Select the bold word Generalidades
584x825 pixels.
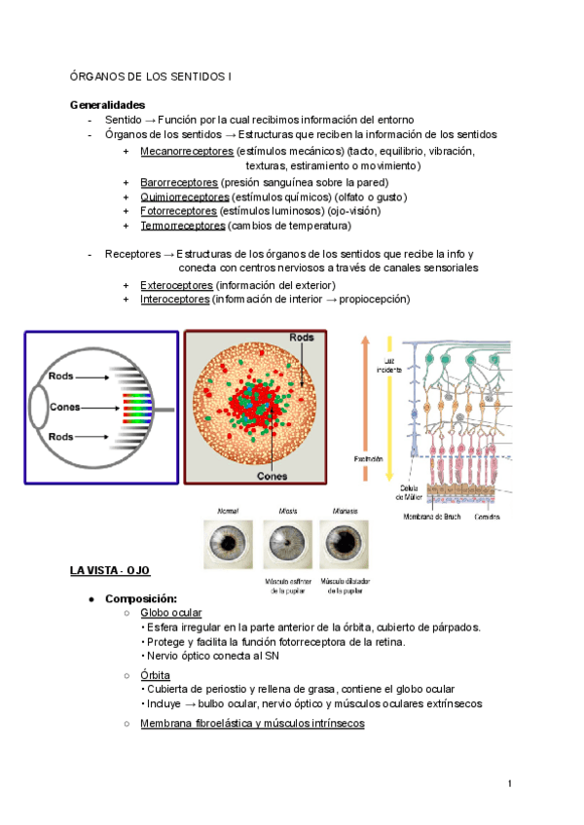tap(108, 105)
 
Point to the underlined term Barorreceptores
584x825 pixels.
tap(179, 182)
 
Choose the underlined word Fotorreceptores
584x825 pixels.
tap(179, 211)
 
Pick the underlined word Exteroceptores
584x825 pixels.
tap(176, 285)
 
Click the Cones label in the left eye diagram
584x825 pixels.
tap(65, 407)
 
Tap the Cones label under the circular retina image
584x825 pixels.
tap(271, 478)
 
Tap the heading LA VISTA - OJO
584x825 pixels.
tap(110, 569)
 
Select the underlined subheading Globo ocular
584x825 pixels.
tap(171, 613)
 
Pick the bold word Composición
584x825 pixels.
tap(142, 598)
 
